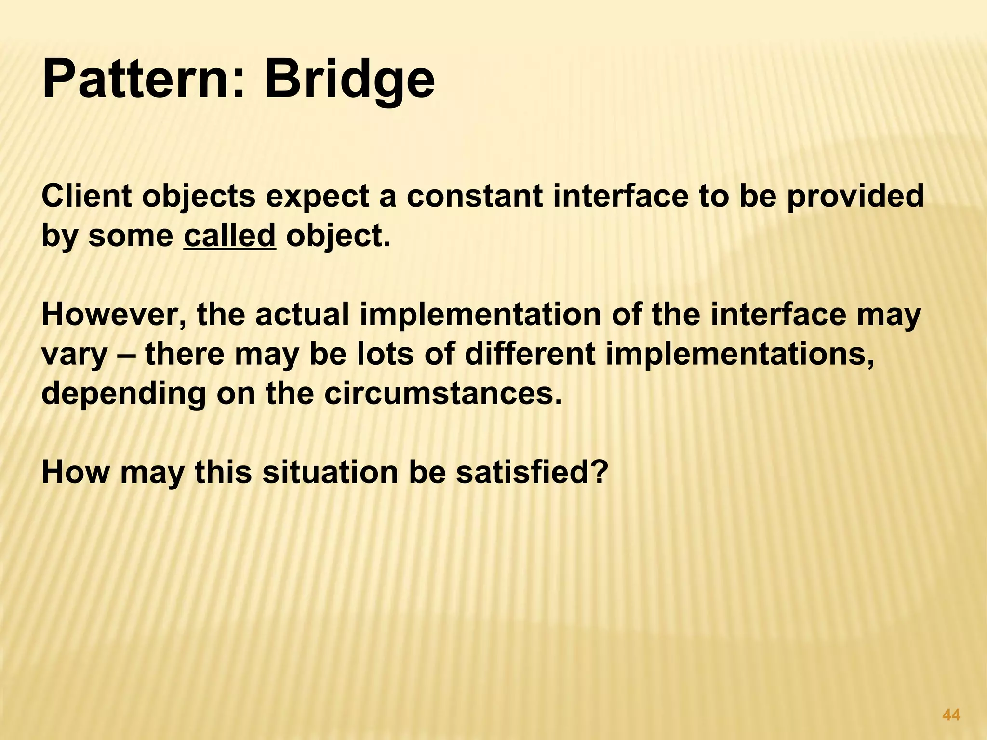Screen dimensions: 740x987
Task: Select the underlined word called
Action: pyautogui.click(x=229, y=236)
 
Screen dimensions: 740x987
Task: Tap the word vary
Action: pyautogui.click(x=73, y=355)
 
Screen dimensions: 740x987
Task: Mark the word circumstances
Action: pyautogui.click(x=443, y=394)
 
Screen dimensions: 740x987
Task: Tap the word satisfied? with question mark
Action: pyautogui.click(x=530, y=472)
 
